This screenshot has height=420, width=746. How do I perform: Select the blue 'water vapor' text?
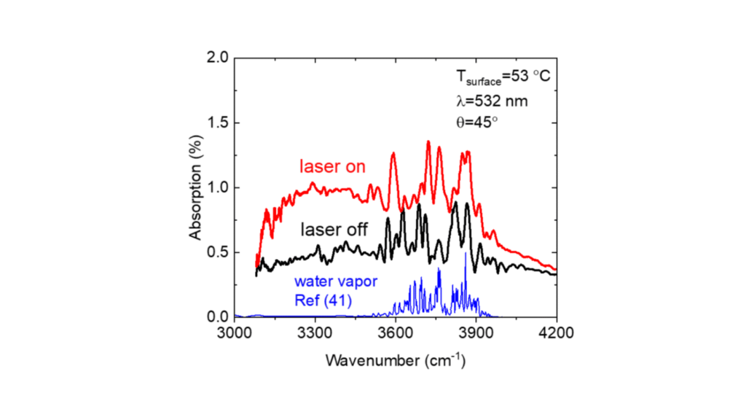click(336, 281)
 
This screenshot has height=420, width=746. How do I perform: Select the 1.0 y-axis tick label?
click(217, 188)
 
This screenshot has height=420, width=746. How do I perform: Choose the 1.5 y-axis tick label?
click(217, 123)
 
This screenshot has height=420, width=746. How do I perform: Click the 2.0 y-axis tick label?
click(217, 58)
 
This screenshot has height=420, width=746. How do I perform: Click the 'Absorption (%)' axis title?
click(195, 187)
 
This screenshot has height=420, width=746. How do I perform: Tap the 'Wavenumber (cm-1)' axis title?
click(396, 360)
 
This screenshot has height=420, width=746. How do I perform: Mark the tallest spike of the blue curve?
click(466, 254)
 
